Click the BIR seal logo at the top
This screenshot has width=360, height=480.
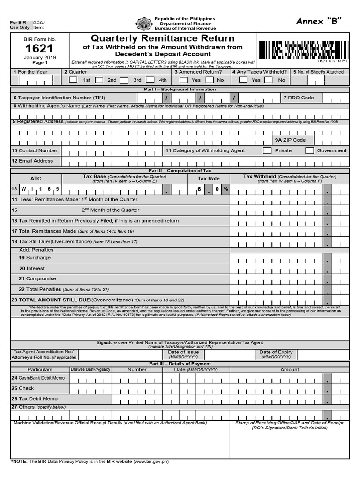coord(143,24)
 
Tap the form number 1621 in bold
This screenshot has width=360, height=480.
coord(39,49)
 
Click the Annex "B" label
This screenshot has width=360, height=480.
coord(319,21)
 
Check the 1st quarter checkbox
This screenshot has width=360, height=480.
coord(73,80)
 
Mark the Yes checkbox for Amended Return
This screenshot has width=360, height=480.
coord(184,80)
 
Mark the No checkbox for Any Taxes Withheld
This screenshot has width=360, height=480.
coord(268,80)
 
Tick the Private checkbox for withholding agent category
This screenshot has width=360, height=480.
coord(267,150)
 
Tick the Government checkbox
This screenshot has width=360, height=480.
coord(309,150)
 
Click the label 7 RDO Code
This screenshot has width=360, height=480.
coord(298,97)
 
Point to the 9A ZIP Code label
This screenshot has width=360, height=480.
coord(291,140)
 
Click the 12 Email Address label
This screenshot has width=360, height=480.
coord(33,161)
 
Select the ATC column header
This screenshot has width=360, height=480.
coord(36,179)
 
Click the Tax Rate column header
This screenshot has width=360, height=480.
coord(209,179)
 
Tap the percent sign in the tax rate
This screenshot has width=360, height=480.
coord(225,189)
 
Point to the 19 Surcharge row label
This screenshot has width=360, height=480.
coord(35,258)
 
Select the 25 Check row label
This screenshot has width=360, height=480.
coord(23,388)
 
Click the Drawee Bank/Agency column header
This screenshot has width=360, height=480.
coord(90,369)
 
